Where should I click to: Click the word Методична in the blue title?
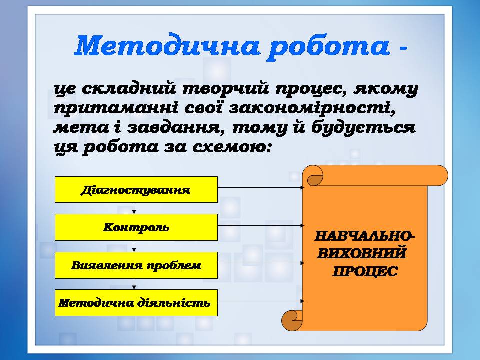tap(166, 46)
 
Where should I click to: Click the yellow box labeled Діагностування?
tap(136, 190)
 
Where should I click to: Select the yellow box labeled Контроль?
tap(136, 227)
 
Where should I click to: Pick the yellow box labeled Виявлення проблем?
tap(136, 265)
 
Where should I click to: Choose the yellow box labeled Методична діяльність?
tap(136, 303)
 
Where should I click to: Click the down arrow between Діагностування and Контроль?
tap(134, 208)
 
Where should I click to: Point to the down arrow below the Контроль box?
tap(134, 246)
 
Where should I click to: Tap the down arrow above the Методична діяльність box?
tap(134, 284)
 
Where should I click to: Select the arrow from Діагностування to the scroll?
tap(261, 187)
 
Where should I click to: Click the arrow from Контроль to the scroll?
tap(261, 225)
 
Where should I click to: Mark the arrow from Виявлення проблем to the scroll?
tap(261, 263)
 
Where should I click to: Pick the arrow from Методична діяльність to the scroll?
tap(261, 301)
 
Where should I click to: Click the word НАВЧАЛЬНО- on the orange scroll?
tap(365, 236)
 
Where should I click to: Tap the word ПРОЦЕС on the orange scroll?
tap(365, 271)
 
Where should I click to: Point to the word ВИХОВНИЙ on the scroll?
tap(361, 254)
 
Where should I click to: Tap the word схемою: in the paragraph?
tap(232, 147)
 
